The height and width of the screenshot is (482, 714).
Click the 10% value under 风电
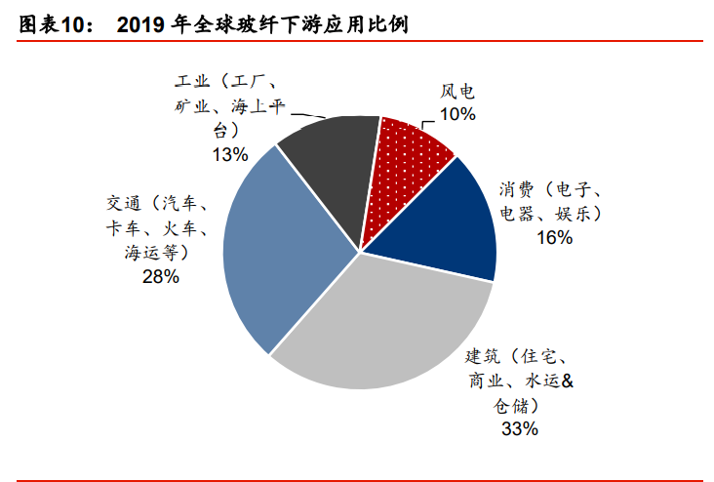(x=457, y=114)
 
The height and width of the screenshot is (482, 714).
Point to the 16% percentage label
(x=553, y=236)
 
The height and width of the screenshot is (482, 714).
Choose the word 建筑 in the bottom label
(x=483, y=355)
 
